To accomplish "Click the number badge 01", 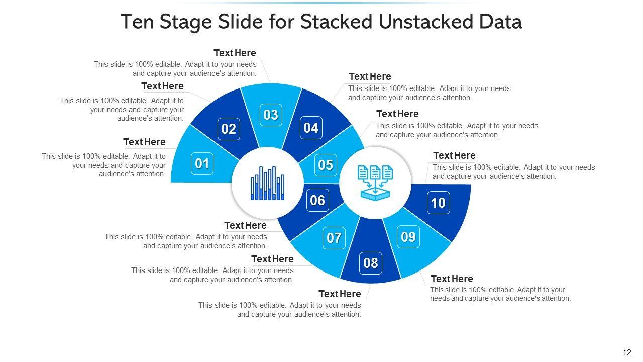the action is (202, 164).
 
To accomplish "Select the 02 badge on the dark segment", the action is (229, 129).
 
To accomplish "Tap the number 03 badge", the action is (271, 115).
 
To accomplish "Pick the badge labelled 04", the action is (311, 128).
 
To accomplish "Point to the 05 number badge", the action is (326, 165).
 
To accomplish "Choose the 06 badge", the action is (317, 200).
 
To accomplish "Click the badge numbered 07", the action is (334, 238).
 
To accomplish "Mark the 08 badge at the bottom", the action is (371, 263).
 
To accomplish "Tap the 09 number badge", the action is (408, 237).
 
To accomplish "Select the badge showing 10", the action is (439, 203).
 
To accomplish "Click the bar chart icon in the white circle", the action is (268, 184).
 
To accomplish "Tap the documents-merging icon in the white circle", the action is (375, 183).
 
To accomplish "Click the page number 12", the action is (627, 352).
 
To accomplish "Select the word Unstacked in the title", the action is (426, 22).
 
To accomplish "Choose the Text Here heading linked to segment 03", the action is (235, 53).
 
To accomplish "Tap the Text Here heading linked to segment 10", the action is (455, 156).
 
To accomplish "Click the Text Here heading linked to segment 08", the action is (340, 294).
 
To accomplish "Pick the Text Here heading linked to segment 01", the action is (144, 142).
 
